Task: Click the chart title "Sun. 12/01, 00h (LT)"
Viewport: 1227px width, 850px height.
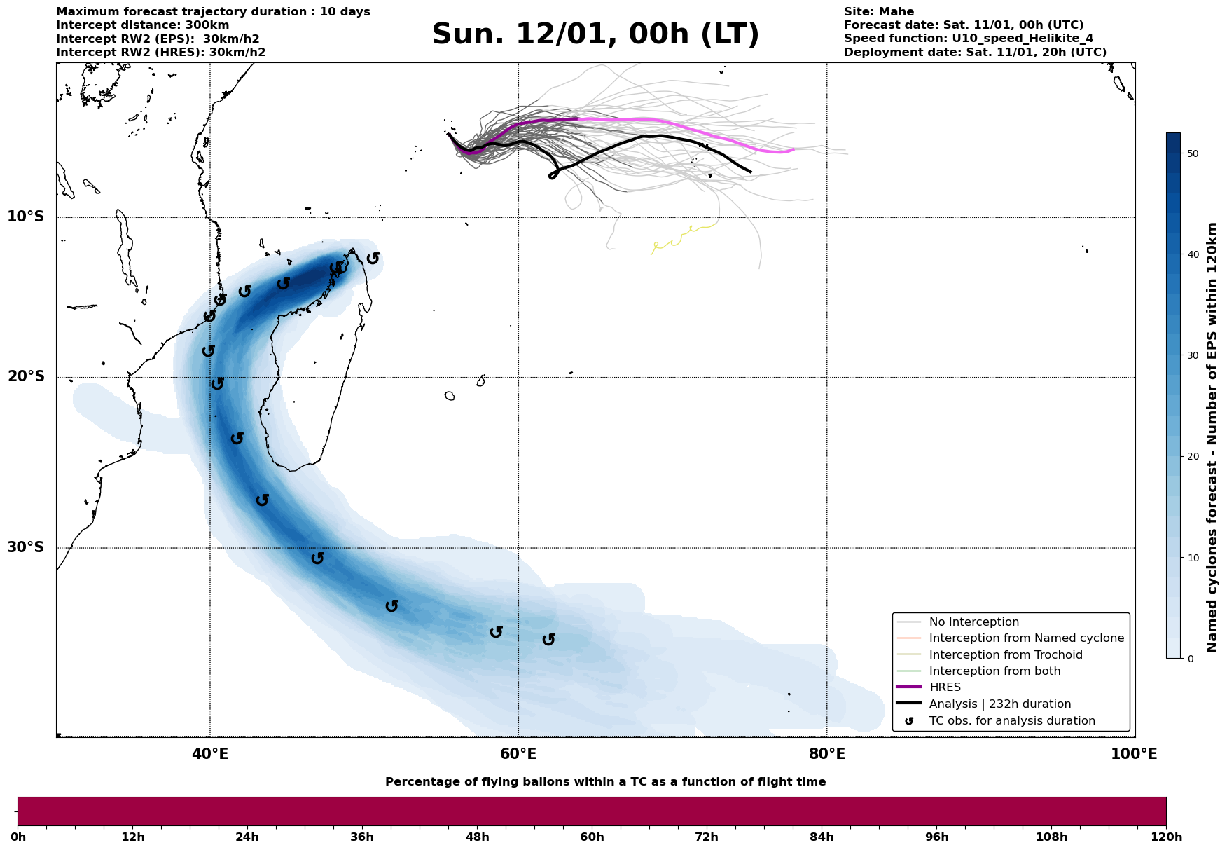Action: point(595,34)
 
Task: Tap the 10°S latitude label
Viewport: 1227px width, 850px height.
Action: point(26,217)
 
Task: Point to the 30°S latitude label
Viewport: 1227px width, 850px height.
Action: point(26,547)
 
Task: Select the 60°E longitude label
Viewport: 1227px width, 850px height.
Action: point(518,754)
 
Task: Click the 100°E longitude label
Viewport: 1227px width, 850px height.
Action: point(1134,754)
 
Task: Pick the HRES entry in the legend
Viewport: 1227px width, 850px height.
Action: point(945,687)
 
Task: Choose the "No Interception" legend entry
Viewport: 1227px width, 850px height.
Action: point(973,622)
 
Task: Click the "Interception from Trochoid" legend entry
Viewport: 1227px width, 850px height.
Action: point(1006,655)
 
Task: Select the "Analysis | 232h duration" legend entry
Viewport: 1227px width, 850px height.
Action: point(1000,704)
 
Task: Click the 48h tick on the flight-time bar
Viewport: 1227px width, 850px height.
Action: point(477,837)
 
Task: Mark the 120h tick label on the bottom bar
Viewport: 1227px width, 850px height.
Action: point(1165,837)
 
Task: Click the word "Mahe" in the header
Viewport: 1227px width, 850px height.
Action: point(899,12)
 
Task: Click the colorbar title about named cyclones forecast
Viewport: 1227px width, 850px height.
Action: point(1212,437)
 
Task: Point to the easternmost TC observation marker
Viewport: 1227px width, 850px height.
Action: point(549,639)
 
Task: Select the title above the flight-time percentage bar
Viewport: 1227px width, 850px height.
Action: point(605,782)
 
